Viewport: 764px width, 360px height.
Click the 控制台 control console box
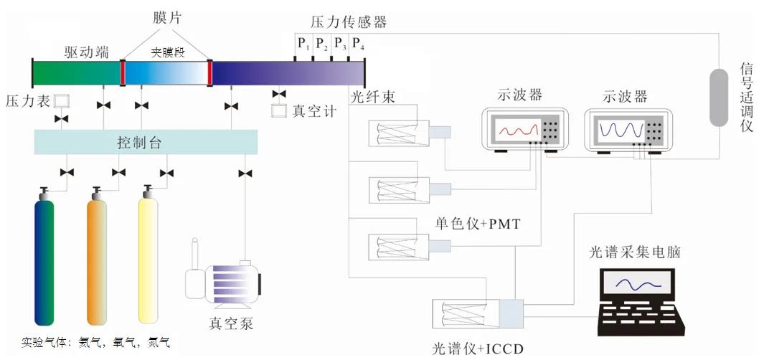tap(146, 142)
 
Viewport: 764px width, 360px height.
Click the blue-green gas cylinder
tap(44, 262)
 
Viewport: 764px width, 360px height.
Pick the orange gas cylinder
tap(97, 262)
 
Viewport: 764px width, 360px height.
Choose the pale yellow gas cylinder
tap(148, 262)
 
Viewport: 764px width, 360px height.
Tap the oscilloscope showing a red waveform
tap(522, 130)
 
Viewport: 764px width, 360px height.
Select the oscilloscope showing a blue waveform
tap(628, 130)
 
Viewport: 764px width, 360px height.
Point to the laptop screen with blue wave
tap(635, 285)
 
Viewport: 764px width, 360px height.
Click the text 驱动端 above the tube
tap(86, 51)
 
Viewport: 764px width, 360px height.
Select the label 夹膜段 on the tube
tap(166, 52)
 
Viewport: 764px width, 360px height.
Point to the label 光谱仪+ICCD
tap(477, 349)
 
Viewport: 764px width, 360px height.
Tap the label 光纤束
tap(374, 96)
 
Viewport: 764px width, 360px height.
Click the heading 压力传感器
tap(349, 22)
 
